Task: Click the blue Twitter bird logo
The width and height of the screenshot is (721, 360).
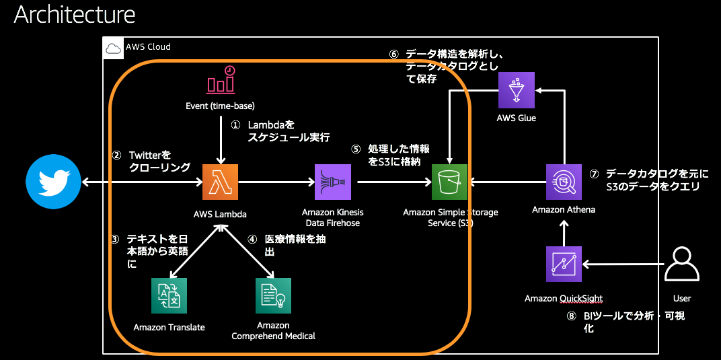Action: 53,182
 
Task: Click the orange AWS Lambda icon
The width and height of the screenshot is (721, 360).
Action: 221,182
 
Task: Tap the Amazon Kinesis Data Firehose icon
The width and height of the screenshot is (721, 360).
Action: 332,182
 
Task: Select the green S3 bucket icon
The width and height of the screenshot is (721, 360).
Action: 449,182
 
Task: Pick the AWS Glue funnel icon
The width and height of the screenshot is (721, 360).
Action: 517,89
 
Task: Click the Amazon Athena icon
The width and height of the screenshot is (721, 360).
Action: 564,182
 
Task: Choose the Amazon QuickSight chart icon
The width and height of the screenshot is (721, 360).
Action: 564,264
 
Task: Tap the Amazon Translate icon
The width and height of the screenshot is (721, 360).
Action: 169,295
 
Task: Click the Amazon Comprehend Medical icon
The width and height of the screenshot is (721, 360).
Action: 274,295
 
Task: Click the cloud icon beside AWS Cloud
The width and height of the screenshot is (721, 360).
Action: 113,48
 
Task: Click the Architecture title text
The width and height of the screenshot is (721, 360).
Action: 75,14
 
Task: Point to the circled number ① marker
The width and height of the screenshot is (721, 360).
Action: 235,126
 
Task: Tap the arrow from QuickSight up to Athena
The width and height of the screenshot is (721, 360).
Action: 564,233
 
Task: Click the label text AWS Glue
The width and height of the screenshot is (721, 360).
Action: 517,118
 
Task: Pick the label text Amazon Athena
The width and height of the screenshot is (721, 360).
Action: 564,210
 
